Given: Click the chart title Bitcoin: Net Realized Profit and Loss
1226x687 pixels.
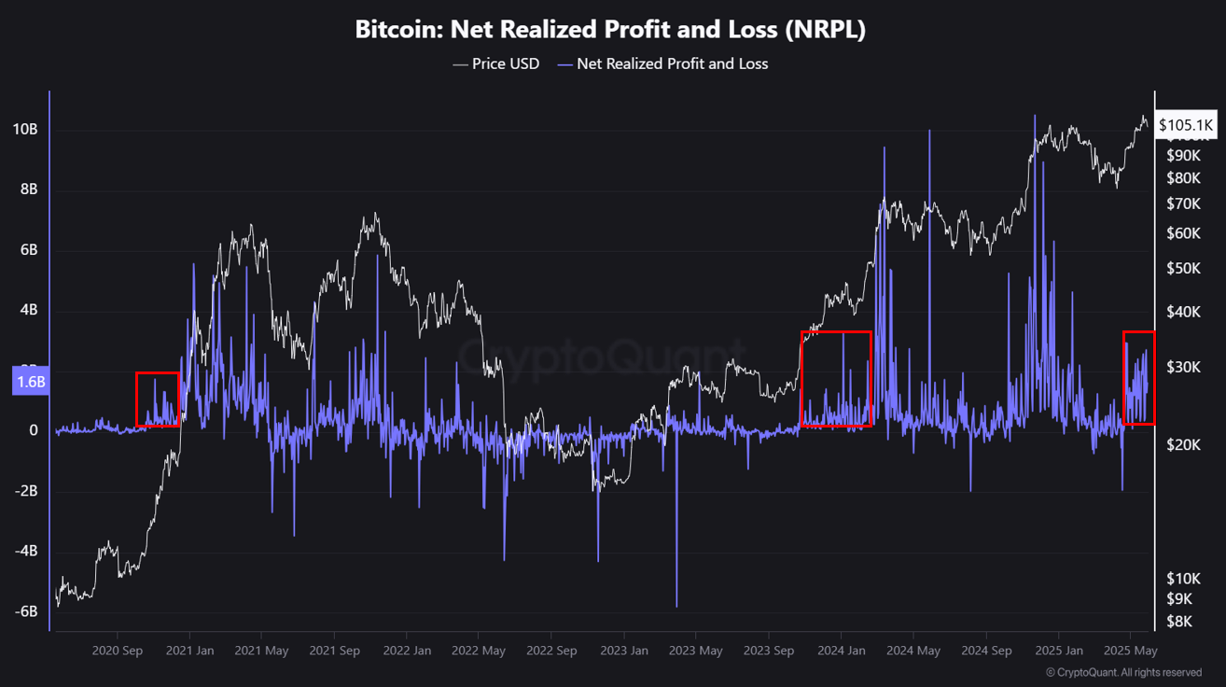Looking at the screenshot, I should coord(610,29).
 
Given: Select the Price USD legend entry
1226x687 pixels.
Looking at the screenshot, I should coord(495,63).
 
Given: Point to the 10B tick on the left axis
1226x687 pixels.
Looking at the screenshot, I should coord(25,129).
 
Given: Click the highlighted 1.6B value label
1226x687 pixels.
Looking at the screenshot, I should coord(30,382).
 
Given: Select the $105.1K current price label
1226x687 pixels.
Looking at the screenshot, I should coord(1185,124).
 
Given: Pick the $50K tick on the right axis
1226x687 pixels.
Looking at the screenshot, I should coord(1183,269).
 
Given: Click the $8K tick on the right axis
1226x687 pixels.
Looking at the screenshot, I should coord(1179,621).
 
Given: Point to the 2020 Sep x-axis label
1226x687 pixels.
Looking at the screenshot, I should coord(118,651).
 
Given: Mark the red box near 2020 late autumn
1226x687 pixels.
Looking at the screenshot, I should coord(157,400).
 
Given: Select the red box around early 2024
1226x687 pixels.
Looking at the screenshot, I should coord(836,378).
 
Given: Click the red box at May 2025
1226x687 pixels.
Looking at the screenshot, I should coord(1138,377).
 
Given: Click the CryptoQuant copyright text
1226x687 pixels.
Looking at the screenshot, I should coord(1123,672).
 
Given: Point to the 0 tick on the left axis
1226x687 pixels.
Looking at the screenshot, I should coord(33,430).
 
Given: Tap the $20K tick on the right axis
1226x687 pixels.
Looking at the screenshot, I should coord(1183,445).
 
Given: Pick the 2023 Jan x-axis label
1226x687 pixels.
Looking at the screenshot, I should coord(623,651).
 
